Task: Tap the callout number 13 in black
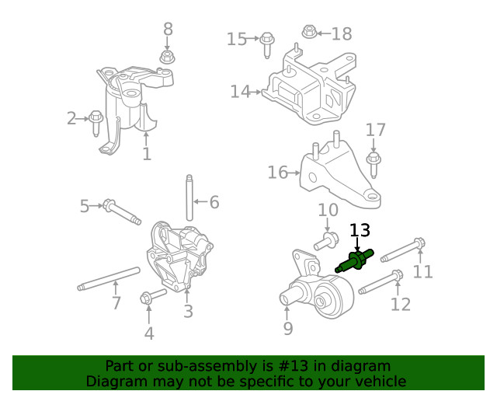click(x=360, y=230)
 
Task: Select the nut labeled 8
click(x=166, y=57)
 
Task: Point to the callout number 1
click(x=147, y=154)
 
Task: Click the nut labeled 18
click(x=308, y=33)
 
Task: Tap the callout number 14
click(x=240, y=92)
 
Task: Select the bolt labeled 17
click(x=374, y=160)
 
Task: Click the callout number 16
click(x=277, y=173)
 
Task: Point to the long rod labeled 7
click(x=109, y=278)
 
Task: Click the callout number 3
click(x=188, y=312)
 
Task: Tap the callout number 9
click(x=288, y=329)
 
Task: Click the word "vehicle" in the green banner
click(x=378, y=381)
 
